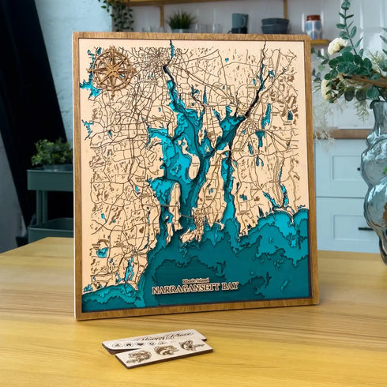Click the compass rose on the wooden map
[x=112, y=70]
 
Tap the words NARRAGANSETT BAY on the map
[x=194, y=288]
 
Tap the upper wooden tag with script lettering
[x=153, y=340]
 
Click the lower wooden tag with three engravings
[x=164, y=353]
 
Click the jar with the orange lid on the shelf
[x=313, y=26]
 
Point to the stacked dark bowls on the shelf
[x=275, y=25]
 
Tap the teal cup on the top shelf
[x=239, y=23]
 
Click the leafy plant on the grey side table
[x=52, y=152]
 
